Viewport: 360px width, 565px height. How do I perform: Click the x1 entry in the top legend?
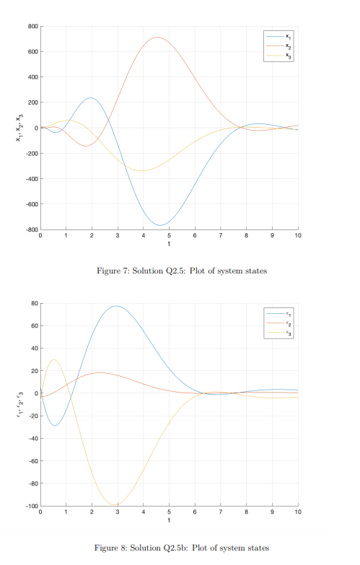pos(281,35)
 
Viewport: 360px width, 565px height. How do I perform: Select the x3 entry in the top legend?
pos(281,55)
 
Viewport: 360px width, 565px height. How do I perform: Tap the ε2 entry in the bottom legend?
pos(281,323)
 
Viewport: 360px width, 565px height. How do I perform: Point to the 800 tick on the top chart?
pos(32,27)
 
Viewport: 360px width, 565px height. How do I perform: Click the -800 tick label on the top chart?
pos(31,229)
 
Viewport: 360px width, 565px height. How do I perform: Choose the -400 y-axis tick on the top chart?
pos(31,179)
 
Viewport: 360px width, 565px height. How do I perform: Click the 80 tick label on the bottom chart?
pos(33,303)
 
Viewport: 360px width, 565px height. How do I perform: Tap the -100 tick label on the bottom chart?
pos(31,506)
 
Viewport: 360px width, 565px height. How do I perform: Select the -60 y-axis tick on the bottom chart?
pos(32,461)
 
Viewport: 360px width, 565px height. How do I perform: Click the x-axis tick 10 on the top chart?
pos(297,236)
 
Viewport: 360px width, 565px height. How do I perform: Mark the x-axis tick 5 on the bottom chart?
pos(169,512)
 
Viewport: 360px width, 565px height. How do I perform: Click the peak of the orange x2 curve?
pos(157,38)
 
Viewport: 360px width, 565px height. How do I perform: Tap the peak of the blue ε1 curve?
pos(116,306)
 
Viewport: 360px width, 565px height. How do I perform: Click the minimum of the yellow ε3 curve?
pos(117,505)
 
